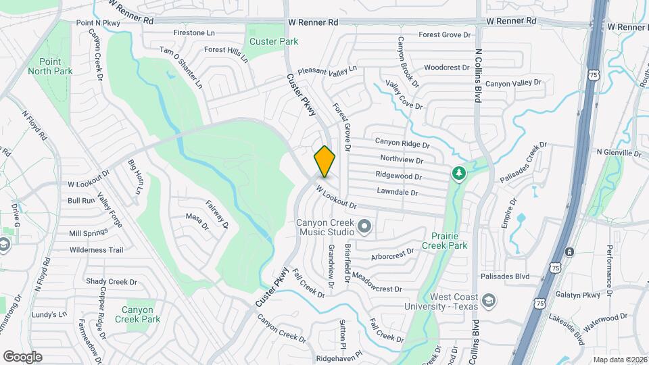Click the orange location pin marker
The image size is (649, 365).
click(x=324, y=161)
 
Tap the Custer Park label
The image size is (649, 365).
click(x=274, y=41)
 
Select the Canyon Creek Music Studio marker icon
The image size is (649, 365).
click(x=365, y=226)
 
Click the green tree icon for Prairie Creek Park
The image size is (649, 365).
click(x=459, y=174)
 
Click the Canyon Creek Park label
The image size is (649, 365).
click(x=137, y=314)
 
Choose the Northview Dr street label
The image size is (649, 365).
click(x=401, y=160)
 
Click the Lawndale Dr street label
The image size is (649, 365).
click(x=397, y=193)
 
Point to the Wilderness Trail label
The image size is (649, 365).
click(x=97, y=249)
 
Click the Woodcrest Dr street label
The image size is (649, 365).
click(x=447, y=68)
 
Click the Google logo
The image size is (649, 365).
click(x=22, y=357)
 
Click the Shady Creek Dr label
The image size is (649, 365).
click(x=112, y=282)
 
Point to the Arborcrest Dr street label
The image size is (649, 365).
click(x=392, y=255)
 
